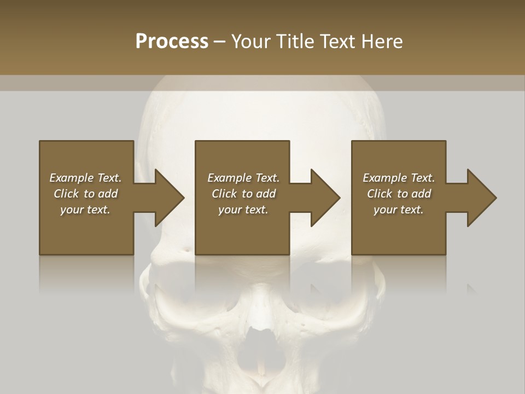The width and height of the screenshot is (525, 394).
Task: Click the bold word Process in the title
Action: point(172,42)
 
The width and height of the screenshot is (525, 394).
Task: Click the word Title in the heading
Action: point(295,42)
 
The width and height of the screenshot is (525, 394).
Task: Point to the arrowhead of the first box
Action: point(169,198)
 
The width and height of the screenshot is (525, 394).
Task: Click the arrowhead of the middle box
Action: point(325,198)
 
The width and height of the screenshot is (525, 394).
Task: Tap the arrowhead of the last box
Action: point(482,198)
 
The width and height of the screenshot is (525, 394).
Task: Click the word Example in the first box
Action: point(71,178)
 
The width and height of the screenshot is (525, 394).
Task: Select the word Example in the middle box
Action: point(229,178)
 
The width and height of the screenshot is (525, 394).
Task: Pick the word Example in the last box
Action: point(384,178)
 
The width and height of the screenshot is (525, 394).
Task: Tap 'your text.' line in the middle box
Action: point(243,210)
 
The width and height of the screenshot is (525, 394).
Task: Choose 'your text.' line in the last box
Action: point(398,210)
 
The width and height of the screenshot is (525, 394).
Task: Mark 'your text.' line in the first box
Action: point(85,210)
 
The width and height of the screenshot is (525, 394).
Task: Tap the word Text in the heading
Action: point(336,42)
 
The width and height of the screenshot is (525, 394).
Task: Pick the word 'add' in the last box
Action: point(421,194)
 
